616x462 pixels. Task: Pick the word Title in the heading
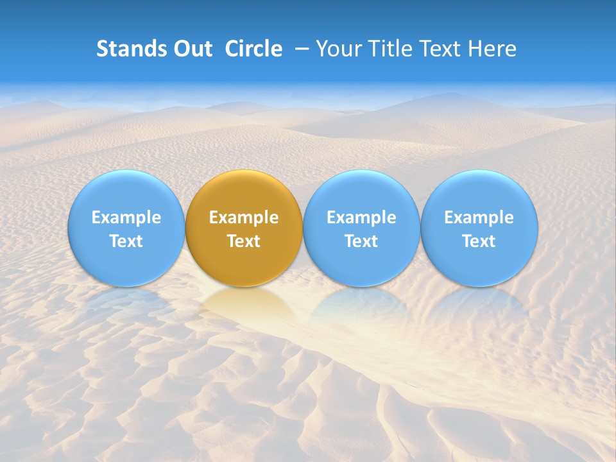[x=389, y=49]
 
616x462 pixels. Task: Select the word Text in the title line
[x=440, y=49]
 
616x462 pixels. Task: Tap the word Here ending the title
[x=492, y=49]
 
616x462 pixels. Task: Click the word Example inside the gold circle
[x=244, y=218]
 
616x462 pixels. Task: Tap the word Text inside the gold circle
[x=244, y=241]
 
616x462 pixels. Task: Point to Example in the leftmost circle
[x=126, y=218]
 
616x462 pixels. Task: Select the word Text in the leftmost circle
[x=126, y=241]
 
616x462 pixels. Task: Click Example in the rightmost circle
[x=479, y=218]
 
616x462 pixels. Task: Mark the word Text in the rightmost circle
[x=479, y=241]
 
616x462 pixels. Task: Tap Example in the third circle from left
[x=361, y=218]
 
